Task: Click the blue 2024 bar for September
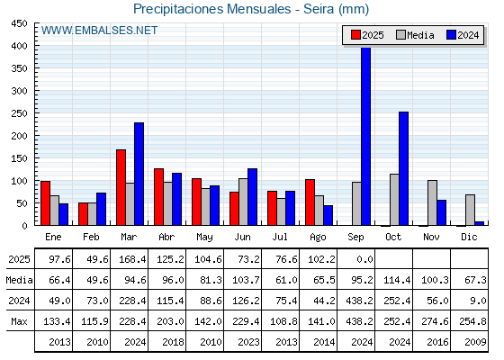pos(365,136)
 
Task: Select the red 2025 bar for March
pos(121,187)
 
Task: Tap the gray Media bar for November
pos(432,202)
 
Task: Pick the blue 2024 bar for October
pos(404,168)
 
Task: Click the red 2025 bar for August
pos(310,202)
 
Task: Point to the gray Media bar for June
pos(243,202)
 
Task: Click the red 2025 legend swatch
pos(355,35)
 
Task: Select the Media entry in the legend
pos(415,35)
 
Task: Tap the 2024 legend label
pos(468,35)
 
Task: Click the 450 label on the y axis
pos(19,23)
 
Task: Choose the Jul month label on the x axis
pos(280,238)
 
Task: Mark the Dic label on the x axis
pos(469,238)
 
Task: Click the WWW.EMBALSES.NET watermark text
pos(99,31)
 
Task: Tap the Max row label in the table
pos(19,321)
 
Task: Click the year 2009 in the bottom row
pos(475,342)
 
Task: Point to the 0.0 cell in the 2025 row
pos(364,259)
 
